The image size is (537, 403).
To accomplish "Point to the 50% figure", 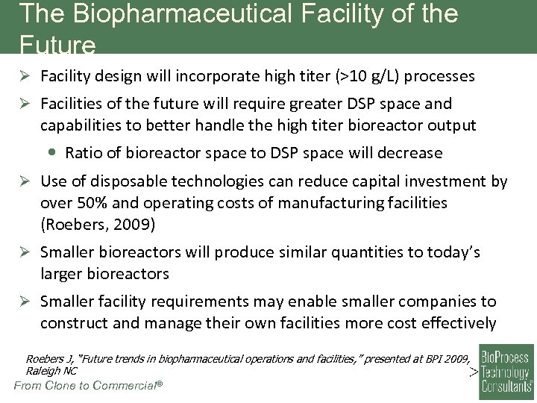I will click(88, 202).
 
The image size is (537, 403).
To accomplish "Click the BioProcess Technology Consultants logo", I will click(506, 372).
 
